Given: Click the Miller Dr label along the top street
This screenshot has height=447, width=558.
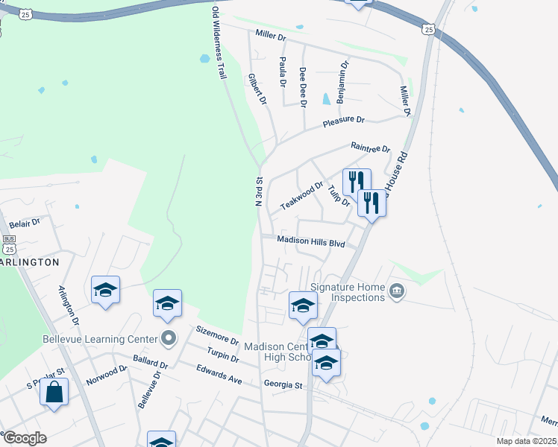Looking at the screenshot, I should click(x=271, y=35).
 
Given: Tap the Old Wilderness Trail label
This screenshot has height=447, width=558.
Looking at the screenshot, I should click(x=219, y=43).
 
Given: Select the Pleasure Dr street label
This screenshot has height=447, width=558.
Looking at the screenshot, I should click(x=343, y=121).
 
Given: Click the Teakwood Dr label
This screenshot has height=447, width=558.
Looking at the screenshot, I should click(x=301, y=196).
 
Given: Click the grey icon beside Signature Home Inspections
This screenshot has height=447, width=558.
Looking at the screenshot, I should click(x=397, y=291).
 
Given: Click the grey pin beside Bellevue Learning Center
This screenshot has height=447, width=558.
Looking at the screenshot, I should click(x=169, y=338).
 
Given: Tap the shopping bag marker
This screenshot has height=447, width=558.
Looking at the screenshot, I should click(x=54, y=392).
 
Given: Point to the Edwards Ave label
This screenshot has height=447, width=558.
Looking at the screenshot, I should click(x=219, y=374).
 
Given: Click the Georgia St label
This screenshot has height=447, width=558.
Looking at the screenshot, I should click(x=283, y=385).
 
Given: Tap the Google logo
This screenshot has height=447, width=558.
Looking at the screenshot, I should click(x=24, y=438).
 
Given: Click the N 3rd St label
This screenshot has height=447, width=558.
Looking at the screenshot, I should click(x=259, y=191).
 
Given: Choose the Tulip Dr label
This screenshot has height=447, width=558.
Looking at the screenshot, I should click(x=338, y=194).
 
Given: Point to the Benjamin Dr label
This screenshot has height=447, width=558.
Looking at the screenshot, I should click(x=342, y=82).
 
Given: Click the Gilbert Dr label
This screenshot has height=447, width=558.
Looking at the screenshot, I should click(x=257, y=89).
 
